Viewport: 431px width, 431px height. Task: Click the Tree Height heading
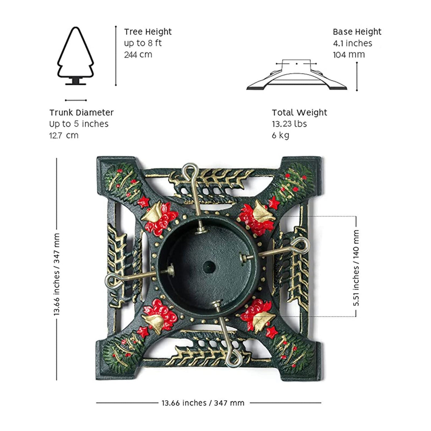(148, 32)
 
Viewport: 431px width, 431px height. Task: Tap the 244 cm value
(138, 54)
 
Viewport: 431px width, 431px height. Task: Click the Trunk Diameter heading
(81, 113)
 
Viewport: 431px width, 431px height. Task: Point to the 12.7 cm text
(64, 135)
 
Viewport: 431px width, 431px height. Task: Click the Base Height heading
(357, 32)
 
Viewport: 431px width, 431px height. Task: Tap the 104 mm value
(349, 54)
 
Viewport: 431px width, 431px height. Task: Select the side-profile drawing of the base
(297, 76)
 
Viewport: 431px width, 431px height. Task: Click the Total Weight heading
(299, 113)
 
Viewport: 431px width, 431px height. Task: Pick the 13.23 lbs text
(289, 124)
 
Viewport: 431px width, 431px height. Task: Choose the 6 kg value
(280, 135)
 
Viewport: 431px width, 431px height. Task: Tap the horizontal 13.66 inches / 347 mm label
(203, 403)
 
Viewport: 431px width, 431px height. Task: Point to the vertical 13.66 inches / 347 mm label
(57, 274)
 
